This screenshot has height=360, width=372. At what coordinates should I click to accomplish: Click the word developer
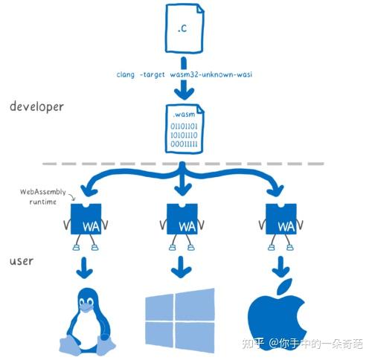(x=37, y=107)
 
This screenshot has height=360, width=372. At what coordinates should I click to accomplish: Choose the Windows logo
(x=181, y=321)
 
